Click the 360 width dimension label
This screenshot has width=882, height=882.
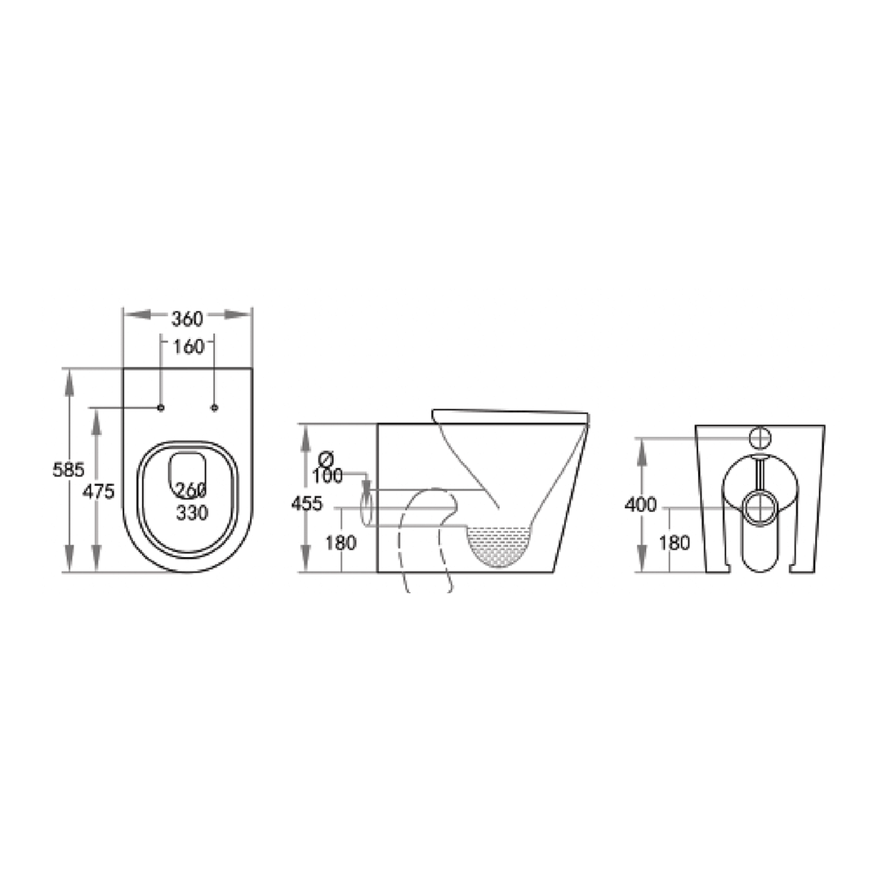pos(187,318)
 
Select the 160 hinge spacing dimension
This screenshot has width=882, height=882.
pos(188,346)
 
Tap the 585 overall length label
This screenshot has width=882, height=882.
pos(69,470)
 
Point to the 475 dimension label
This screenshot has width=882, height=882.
pos(98,492)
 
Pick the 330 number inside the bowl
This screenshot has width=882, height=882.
pos(192,513)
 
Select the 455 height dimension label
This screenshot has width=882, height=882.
pos(306,504)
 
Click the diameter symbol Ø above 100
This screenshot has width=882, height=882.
pos(326,457)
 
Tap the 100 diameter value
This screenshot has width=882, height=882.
pos(327,476)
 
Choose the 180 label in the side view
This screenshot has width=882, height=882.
pos(341,541)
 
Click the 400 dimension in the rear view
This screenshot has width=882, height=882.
pos(640,505)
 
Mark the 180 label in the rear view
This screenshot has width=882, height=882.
pos(674,541)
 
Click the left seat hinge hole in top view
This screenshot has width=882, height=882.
pos(161,407)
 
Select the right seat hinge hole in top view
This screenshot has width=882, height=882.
pos(215,407)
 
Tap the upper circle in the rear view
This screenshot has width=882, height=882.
pos(760,437)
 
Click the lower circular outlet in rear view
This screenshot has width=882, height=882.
pos(760,507)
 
